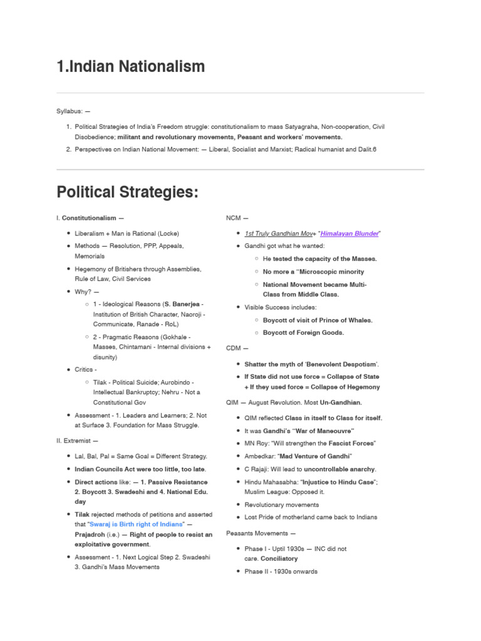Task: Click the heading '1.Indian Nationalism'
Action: pyautogui.click(x=130, y=66)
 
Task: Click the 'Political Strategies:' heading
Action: pyautogui.click(x=127, y=192)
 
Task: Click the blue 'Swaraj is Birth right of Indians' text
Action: pyautogui.click(x=137, y=523)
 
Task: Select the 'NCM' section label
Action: pyautogui.click(x=234, y=218)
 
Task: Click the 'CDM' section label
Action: pyautogui.click(x=234, y=348)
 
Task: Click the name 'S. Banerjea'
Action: pyautogui.click(x=182, y=304)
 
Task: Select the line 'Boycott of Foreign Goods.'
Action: pyautogui.click(x=303, y=333)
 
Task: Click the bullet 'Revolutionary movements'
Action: pyautogui.click(x=281, y=505)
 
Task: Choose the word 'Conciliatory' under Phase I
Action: pyautogui.click(x=279, y=558)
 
